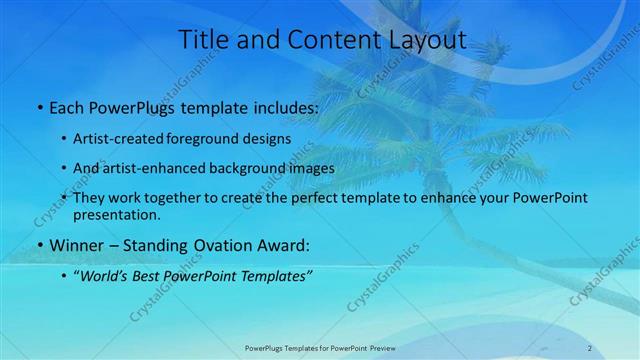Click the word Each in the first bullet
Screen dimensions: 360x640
(65, 107)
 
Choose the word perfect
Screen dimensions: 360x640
(304, 198)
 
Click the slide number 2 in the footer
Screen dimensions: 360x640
(590, 348)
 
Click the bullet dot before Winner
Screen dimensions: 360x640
(39, 246)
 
